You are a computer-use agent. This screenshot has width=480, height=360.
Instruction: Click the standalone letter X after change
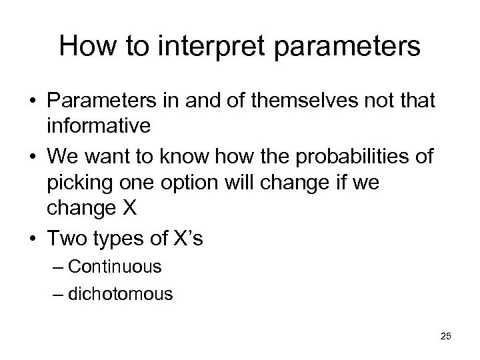[x=129, y=207]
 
